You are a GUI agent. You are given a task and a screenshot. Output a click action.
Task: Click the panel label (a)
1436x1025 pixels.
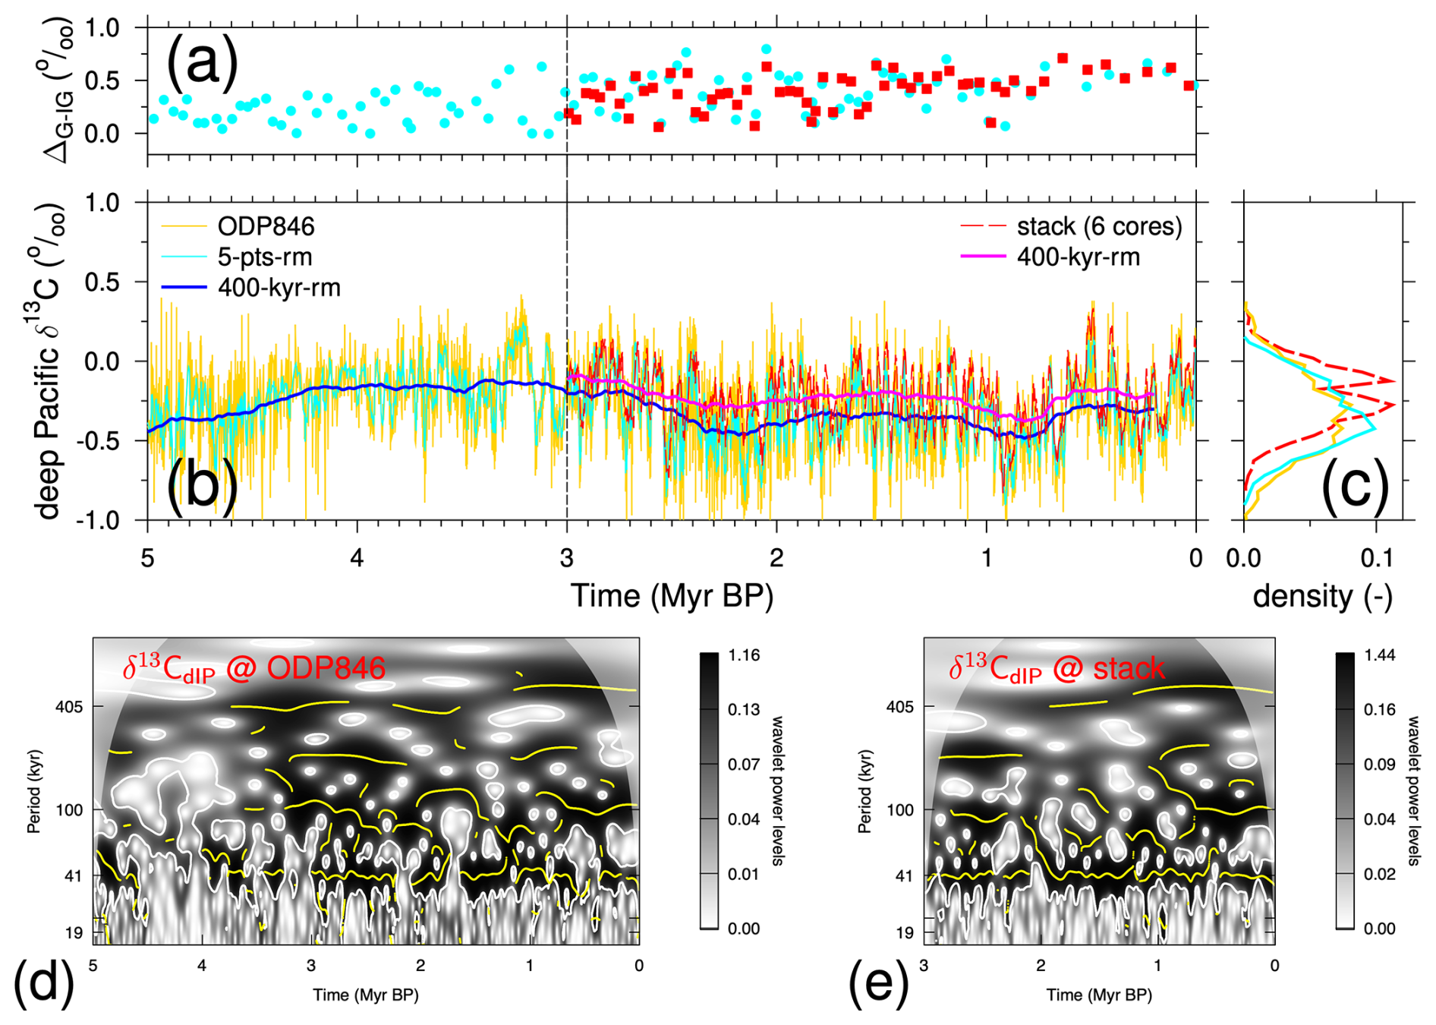(x=202, y=61)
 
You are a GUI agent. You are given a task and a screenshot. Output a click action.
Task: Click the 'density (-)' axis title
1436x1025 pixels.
(x=1322, y=596)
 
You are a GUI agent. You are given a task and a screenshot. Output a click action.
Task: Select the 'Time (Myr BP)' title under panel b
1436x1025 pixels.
(x=672, y=596)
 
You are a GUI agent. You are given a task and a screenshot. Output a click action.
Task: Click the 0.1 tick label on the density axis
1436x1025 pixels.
(x=1376, y=558)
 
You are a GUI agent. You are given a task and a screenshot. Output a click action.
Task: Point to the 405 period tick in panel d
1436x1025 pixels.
(x=69, y=707)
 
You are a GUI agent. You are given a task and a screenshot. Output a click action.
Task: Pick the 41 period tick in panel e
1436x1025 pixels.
(x=904, y=876)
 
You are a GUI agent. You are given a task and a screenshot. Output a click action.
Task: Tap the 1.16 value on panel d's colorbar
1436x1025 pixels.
(x=744, y=655)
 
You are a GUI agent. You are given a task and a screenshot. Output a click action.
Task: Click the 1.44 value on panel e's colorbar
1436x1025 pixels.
(x=1379, y=655)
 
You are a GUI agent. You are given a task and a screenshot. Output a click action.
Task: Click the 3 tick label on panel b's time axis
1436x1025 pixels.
(x=567, y=558)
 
